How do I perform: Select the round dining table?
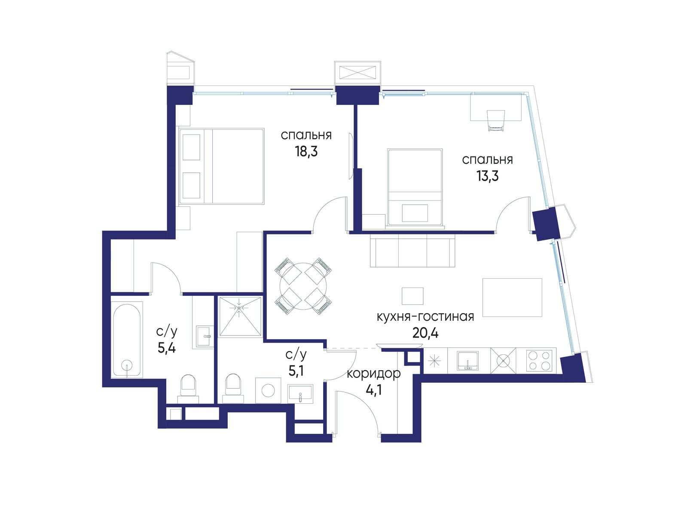pos(303,286)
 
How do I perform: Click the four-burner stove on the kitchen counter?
pos(538,360)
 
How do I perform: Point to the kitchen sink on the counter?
pos(467,360)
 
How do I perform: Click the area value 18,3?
pos(306,151)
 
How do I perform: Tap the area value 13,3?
pos(487,176)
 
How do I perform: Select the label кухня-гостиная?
pos(425,317)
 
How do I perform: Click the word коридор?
pos(374,374)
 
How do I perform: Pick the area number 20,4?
pos(425,333)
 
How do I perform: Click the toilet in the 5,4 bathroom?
pos(188,389)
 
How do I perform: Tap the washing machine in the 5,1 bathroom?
pos(268,390)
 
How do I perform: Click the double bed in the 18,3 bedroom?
pos(222,166)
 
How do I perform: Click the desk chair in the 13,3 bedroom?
pos(496,121)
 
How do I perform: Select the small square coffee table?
pos(412,296)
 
